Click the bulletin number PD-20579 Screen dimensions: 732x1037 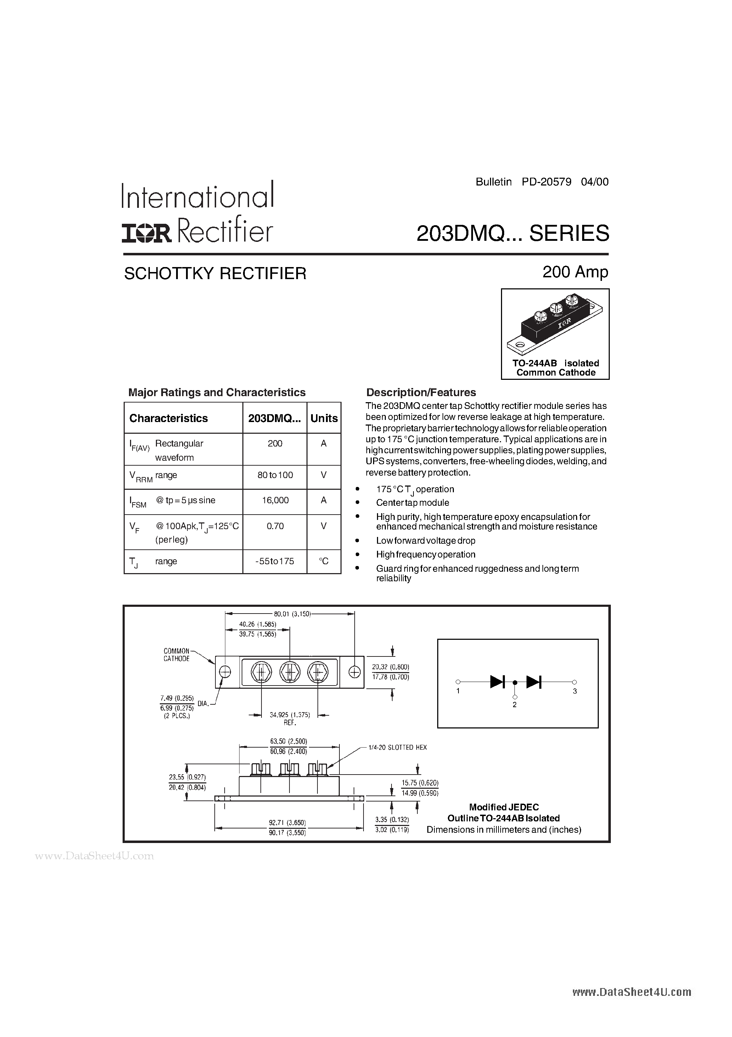(546, 182)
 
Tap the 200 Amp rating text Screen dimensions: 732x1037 (575, 272)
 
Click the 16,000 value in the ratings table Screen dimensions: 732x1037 (275, 500)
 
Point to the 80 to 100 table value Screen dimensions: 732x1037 (275, 475)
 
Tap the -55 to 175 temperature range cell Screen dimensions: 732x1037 (275, 561)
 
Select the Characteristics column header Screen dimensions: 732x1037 (168, 418)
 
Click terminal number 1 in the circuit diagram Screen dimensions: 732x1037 (458, 691)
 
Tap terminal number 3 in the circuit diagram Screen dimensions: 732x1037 (574, 691)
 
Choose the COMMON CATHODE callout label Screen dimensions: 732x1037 (176, 655)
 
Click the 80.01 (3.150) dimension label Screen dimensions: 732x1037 (292, 614)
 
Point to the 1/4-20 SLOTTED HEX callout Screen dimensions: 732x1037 (397, 748)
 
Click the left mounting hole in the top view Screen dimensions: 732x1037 (225, 672)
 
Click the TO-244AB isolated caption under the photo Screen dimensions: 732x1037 (555, 363)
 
